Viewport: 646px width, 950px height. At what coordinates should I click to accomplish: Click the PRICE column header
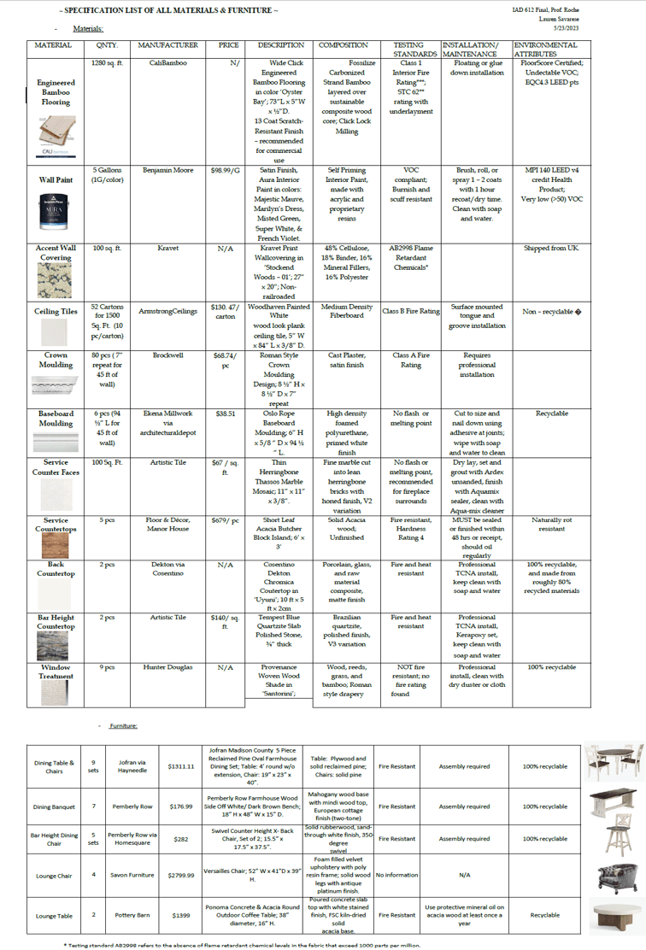coord(222,45)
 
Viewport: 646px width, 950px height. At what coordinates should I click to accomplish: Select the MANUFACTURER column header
coord(168,45)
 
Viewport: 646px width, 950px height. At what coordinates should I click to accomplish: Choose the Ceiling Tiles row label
coord(56,312)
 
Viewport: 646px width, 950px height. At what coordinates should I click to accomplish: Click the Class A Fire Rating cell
coord(414,360)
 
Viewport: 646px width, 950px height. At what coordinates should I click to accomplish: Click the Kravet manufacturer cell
coord(168,248)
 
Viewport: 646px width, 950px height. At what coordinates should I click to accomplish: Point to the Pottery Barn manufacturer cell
coord(132,915)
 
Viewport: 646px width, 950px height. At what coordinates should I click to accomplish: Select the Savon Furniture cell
coord(132,874)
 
